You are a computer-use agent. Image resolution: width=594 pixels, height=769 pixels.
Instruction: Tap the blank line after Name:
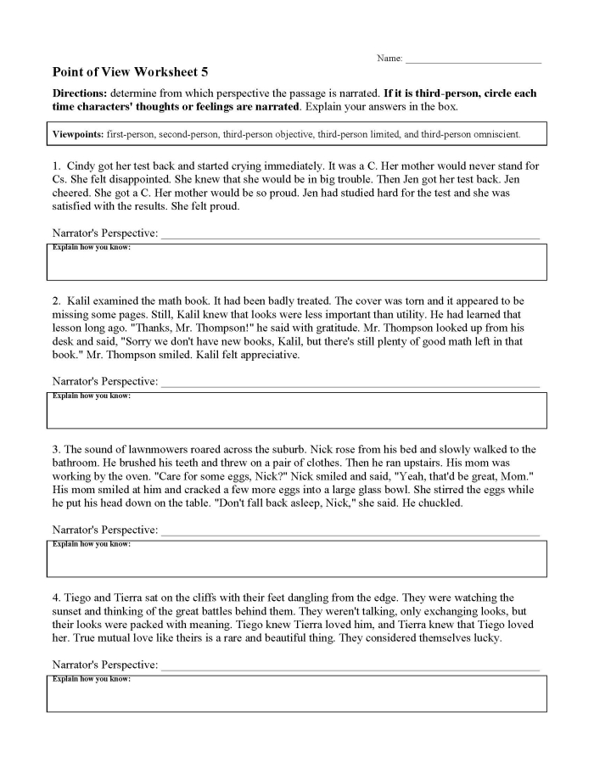point(473,59)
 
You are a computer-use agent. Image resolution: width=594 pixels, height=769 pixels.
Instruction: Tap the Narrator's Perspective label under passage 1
point(105,233)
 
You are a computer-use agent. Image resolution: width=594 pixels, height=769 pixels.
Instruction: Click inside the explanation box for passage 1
point(296,266)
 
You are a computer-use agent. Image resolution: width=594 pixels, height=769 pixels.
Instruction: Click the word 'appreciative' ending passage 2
point(266,355)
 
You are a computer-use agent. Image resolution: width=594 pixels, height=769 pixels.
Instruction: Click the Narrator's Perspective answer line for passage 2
point(350,381)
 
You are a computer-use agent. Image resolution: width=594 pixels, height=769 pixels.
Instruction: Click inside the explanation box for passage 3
point(296,562)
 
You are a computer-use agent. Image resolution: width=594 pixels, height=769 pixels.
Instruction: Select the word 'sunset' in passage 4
point(70,611)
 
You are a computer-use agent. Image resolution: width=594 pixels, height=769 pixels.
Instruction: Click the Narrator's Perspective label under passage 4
point(105,665)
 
